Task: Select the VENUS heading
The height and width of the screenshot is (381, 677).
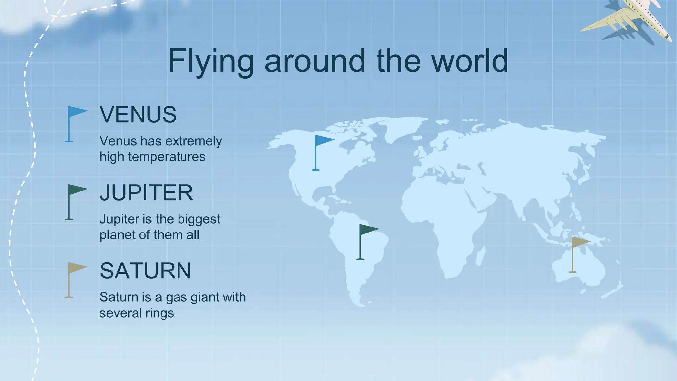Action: click(x=138, y=115)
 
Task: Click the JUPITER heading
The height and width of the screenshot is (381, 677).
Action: click(x=146, y=193)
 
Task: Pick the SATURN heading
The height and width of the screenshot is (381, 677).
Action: click(x=145, y=271)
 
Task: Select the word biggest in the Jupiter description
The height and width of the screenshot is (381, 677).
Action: click(x=199, y=219)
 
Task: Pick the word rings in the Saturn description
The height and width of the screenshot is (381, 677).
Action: click(x=161, y=313)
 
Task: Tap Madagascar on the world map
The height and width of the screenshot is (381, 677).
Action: click(x=482, y=255)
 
